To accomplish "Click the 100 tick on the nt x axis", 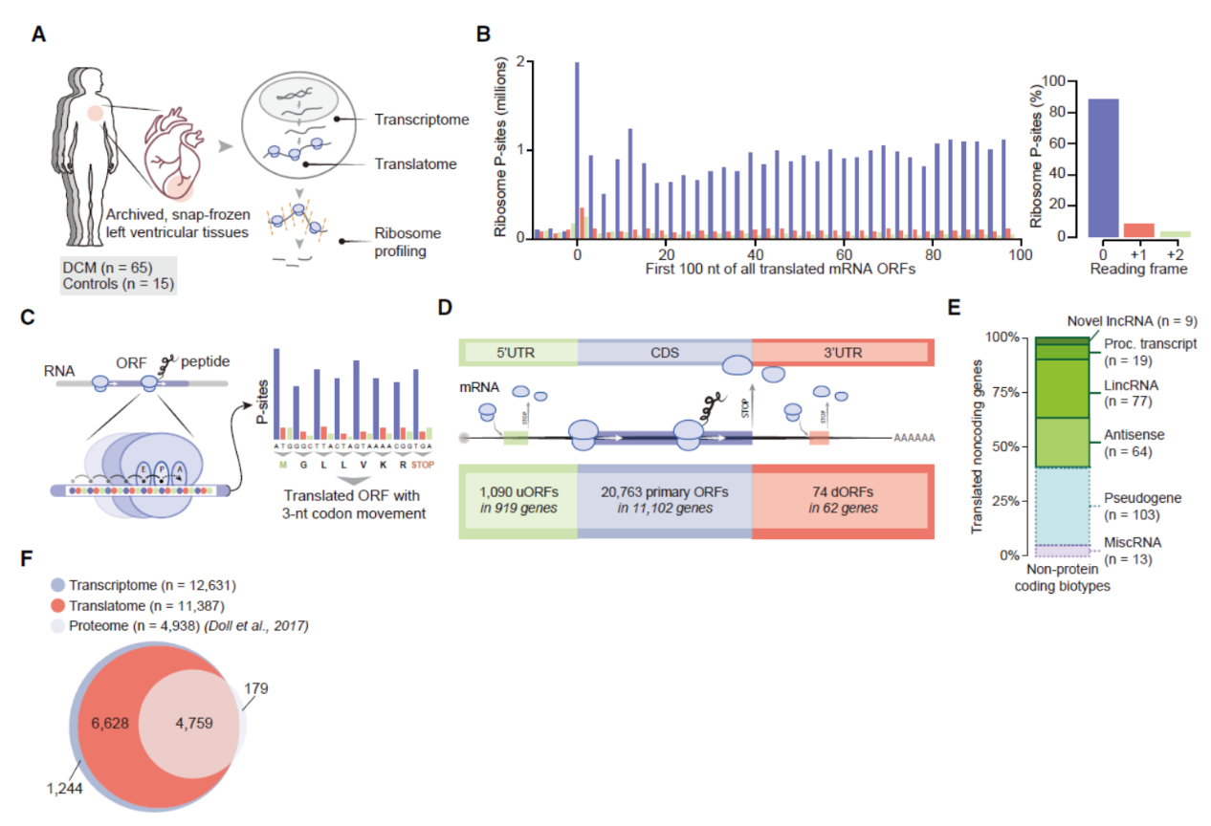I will (x=1021, y=255).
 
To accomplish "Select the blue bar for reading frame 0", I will (x=1103, y=167).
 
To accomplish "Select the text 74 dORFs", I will (x=840, y=491).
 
